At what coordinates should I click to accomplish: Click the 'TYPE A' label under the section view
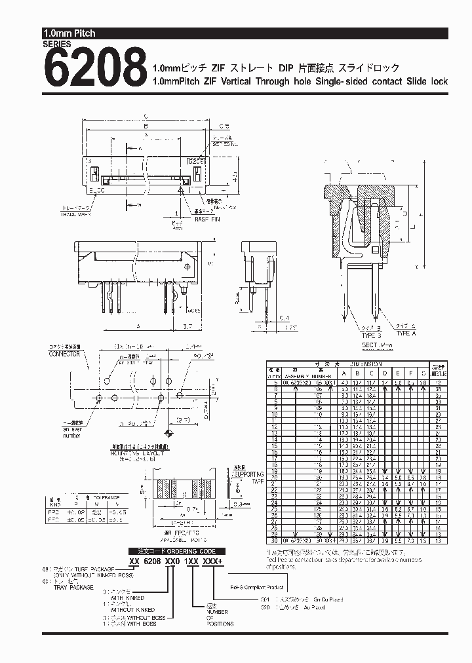pyautogui.click(x=407, y=333)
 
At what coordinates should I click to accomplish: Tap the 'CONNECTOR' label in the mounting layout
pyautogui.click(x=64, y=354)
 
